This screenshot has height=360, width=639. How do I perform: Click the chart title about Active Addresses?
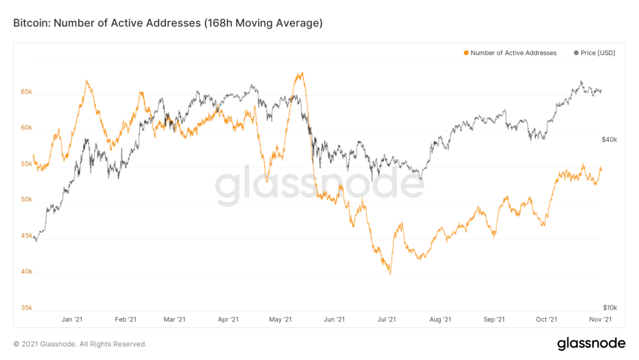click(167, 24)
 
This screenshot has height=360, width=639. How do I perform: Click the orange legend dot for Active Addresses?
click(466, 53)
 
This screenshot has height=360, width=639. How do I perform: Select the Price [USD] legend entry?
click(594, 53)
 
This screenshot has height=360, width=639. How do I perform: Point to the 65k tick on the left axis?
click(26, 91)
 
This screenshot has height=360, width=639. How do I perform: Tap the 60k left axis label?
click(26, 127)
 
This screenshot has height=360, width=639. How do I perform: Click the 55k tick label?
click(26, 164)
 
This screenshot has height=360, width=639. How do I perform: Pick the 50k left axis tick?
click(26, 199)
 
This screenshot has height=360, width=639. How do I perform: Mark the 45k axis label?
click(26, 236)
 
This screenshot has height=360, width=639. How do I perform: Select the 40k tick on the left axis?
click(26, 272)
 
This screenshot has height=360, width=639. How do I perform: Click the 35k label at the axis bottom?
click(26, 307)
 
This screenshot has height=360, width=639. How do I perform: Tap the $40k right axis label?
click(610, 139)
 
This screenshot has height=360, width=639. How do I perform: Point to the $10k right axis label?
click(610, 307)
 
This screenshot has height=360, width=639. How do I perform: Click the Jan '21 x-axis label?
click(72, 320)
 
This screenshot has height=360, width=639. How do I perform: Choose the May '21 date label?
click(280, 320)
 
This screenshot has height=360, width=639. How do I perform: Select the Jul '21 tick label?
click(387, 320)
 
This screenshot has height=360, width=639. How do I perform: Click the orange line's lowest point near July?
click(390, 274)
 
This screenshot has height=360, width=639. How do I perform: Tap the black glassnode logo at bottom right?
click(590, 343)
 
